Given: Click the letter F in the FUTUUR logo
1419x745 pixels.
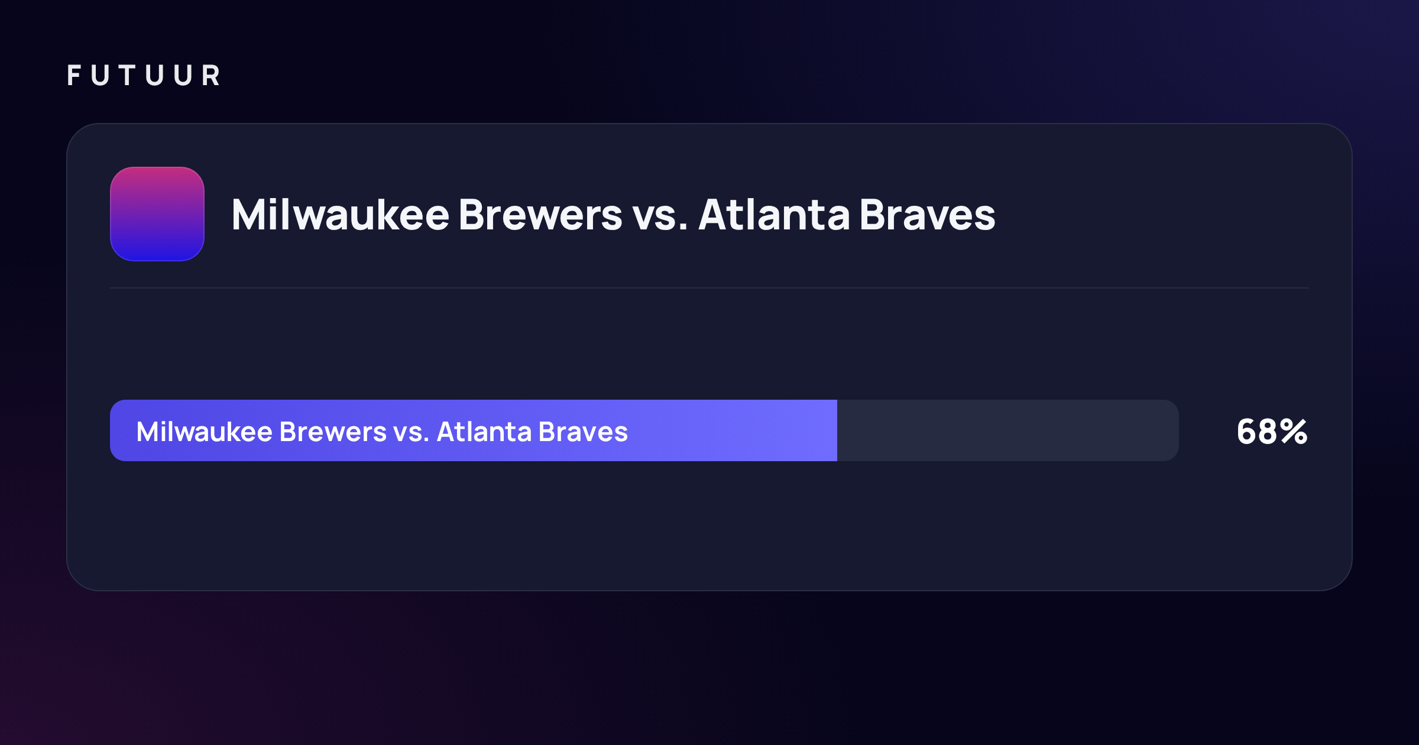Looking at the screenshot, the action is click(74, 75).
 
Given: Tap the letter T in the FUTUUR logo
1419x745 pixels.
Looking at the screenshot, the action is click(127, 75).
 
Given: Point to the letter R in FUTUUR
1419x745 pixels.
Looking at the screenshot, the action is click(211, 75).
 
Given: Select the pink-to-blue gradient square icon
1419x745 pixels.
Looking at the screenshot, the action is click(157, 214).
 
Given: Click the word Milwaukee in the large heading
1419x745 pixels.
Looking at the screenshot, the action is click(341, 214).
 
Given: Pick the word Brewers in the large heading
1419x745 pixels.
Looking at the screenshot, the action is click(540, 214).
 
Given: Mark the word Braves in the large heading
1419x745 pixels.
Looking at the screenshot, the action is click(928, 214).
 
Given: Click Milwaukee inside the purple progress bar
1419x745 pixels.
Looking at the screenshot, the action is click(204, 432).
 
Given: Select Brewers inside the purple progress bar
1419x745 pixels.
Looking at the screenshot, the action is click(333, 432).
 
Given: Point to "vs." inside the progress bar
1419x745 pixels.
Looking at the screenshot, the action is click(412, 434).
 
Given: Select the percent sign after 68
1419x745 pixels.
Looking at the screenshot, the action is click(1294, 432).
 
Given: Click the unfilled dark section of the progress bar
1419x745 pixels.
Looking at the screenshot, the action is click(1007, 430).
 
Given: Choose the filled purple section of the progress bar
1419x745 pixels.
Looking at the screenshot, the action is click(474, 430).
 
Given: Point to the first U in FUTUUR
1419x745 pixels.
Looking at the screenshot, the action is click(101, 75).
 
